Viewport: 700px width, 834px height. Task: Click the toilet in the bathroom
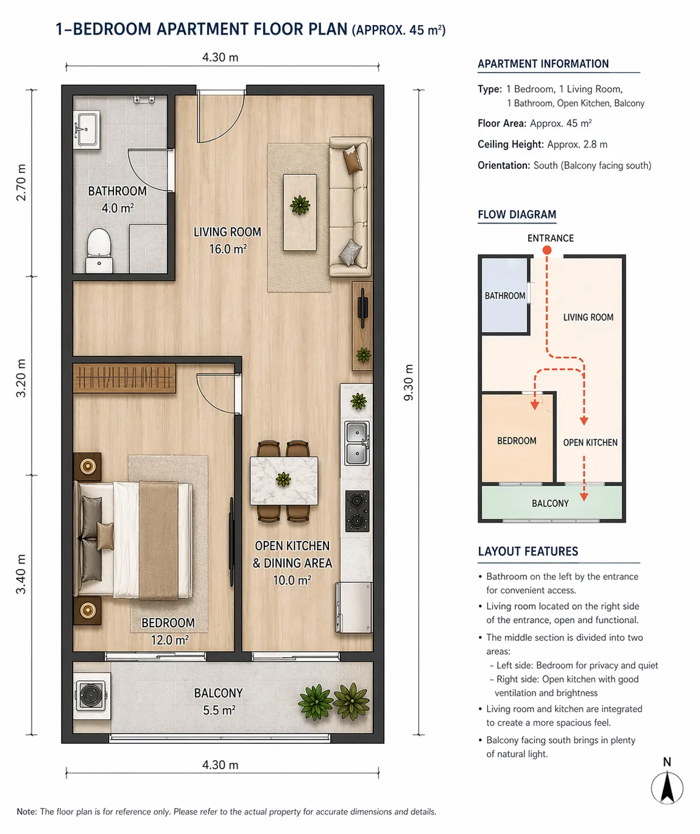tap(99, 250)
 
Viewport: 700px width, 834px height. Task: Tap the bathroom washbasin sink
tap(87, 130)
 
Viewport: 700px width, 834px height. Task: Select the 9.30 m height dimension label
tap(408, 382)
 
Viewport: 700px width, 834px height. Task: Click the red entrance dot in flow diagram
tap(547, 250)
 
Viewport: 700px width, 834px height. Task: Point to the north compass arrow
tap(667, 788)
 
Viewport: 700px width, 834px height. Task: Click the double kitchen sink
tap(357, 443)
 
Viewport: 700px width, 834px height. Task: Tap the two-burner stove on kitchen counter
tap(357, 511)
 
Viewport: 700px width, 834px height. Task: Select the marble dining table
tap(284, 481)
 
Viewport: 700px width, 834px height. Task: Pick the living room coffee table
tap(300, 212)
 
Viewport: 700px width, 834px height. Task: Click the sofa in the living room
tap(350, 207)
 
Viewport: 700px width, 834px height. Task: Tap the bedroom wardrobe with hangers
tap(124, 378)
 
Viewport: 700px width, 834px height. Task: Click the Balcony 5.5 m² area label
tap(219, 701)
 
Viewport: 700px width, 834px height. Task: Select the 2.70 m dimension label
tap(21, 182)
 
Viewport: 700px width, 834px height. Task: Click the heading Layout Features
tap(528, 551)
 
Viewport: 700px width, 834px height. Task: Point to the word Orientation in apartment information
tap(504, 165)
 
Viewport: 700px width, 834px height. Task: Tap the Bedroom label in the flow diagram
tap(517, 440)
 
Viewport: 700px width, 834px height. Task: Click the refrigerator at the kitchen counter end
tap(354, 607)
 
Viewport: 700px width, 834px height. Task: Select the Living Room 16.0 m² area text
tap(227, 241)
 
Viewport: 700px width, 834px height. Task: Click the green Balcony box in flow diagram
tap(552, 503)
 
